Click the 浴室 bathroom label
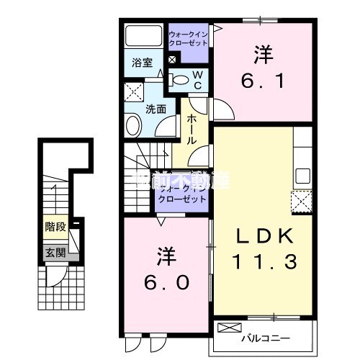(x=141, y=62)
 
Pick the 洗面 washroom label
(x=156, y=109)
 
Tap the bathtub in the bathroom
(x=144, y=37)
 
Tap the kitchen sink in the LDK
(x=302, y=176)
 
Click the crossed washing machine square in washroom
(x=133, y=91)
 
